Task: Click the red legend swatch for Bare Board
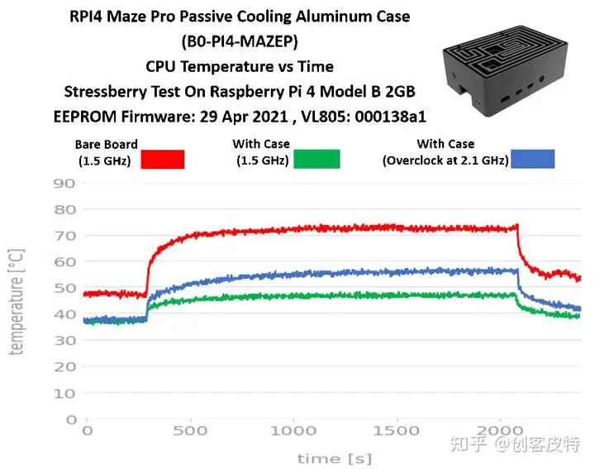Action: pyautogui.click(x=162, y=159)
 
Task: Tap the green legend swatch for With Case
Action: pyautogui.click(x=317, y=158)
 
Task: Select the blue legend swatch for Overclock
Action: pyautogui.click(x=532, y=159)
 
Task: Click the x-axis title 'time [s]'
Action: pyautogui.click(x=335, y=457)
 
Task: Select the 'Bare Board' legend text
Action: pyautogui.click(x=106, y=145)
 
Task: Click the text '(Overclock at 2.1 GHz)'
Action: pyautogui.click(x=445, y=160)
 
